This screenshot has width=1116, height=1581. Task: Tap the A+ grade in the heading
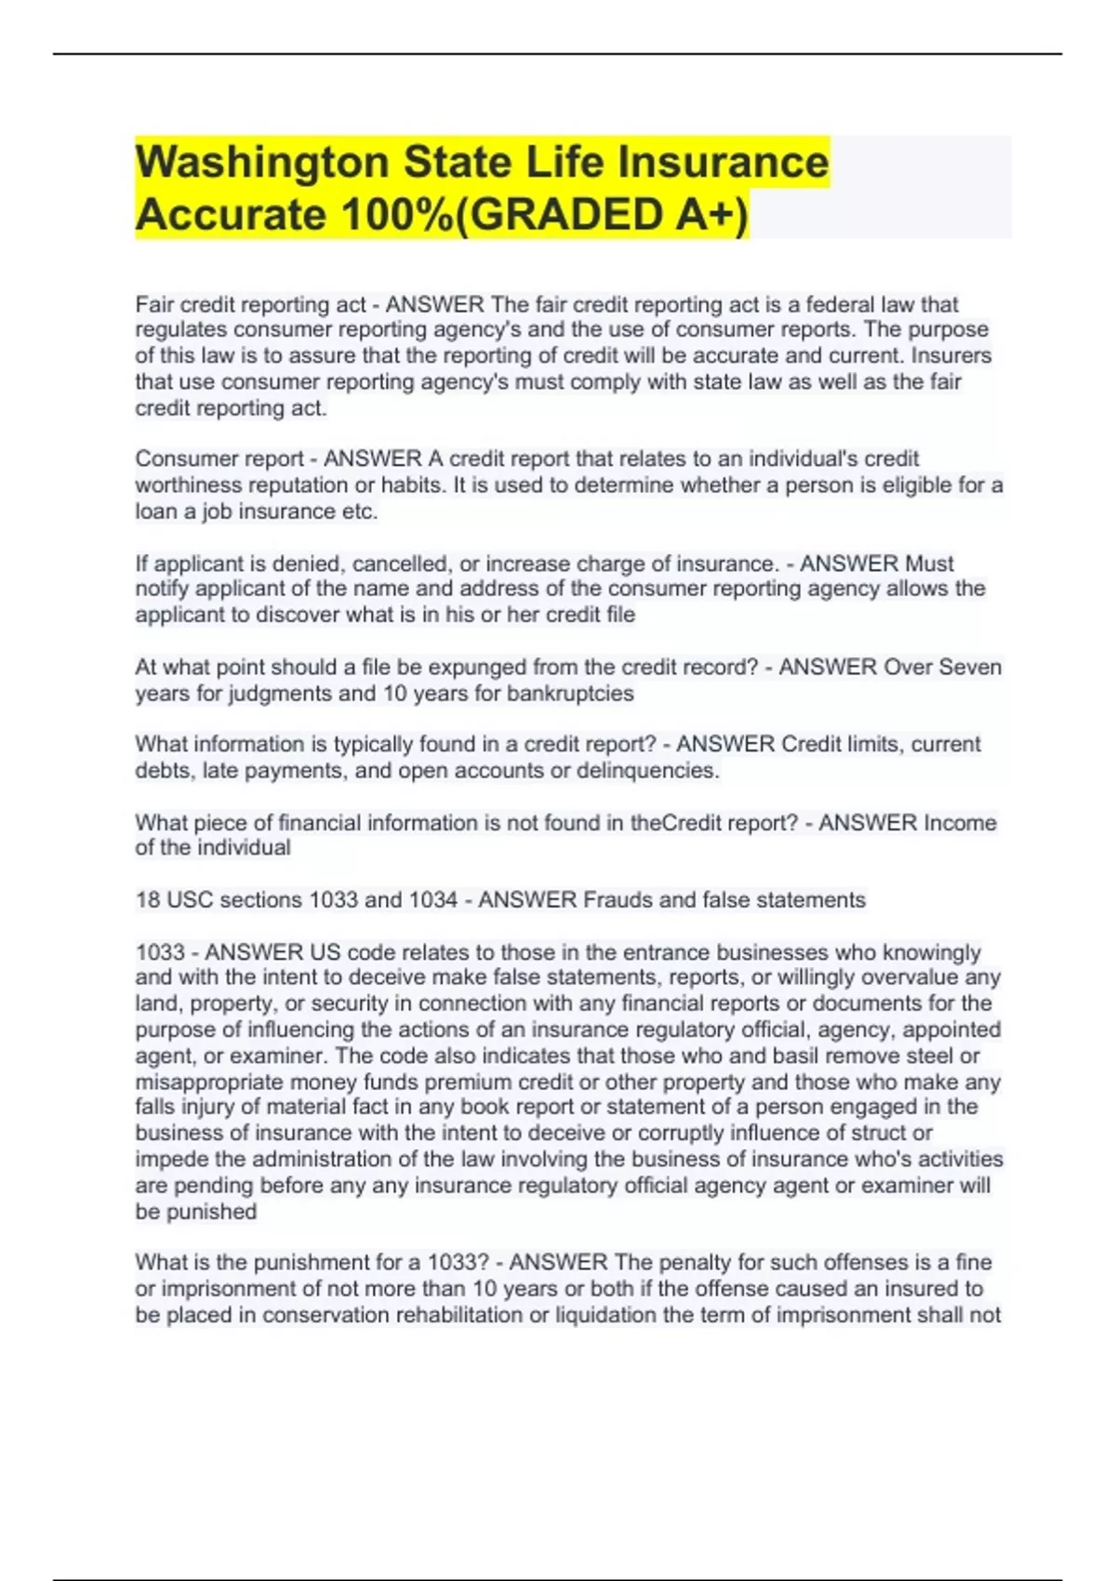[708, 215]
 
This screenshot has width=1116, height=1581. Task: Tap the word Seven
[970, 667]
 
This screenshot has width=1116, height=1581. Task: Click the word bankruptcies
[570, 693]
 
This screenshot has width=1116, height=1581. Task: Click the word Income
[960, 823]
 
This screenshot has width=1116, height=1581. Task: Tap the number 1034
[432, 900]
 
